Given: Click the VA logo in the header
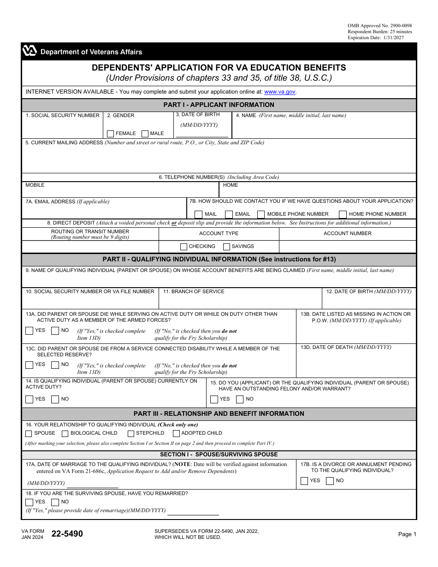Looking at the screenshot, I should coord(30,52).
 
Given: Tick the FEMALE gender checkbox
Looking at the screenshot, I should coord(110,134).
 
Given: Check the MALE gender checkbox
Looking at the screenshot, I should coord(145,134).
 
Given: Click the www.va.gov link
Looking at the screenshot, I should coord(280,92).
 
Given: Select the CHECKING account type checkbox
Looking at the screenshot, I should coord(183,247).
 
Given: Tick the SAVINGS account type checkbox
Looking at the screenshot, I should coord(226,247).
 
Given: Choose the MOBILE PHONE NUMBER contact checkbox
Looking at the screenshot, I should coord(261,214).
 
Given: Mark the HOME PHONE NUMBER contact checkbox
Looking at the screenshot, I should coord(343,214).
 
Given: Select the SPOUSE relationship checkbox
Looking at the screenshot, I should coord(29,433).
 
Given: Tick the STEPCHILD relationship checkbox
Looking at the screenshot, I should coord(131,433).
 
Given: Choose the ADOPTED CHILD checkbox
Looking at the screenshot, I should coord(176,433).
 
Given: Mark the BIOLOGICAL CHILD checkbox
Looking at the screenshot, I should coord(65,433).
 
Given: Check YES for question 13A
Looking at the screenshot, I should coord(30,331).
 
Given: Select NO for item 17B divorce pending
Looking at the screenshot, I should coord(330,481).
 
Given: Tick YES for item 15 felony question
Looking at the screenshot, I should coord(214,399).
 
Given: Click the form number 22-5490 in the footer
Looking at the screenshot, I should coord(67,534).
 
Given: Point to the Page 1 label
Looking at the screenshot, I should coord(407,534).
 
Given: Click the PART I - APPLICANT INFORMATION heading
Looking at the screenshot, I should coord(219,105).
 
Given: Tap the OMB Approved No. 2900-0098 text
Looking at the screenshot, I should coord(379,25).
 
